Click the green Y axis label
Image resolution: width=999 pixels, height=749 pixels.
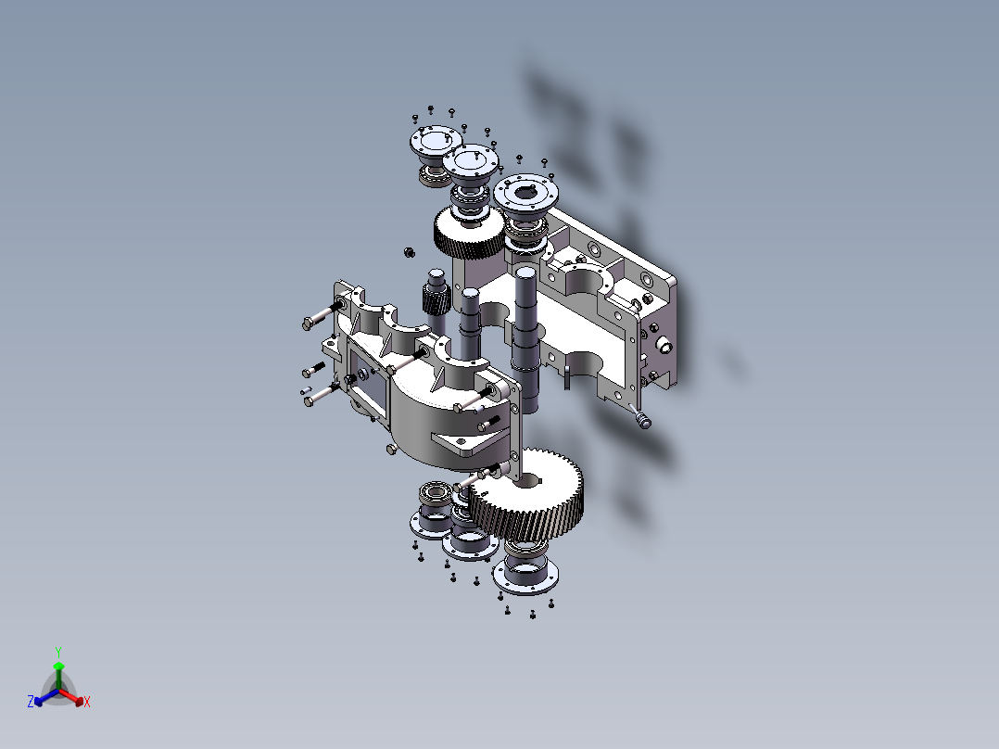[x=57, y=651]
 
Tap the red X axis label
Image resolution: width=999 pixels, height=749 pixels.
[x=87, y=703]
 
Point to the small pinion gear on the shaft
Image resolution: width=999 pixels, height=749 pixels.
[x=435, y=298]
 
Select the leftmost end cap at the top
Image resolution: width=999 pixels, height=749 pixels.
[x=431, y=142]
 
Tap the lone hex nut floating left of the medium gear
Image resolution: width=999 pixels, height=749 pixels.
[x=407, y=250]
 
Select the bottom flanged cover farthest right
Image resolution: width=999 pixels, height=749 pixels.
[x=525, y=575]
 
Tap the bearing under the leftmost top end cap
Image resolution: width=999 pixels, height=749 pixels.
[x=431, y=173]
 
